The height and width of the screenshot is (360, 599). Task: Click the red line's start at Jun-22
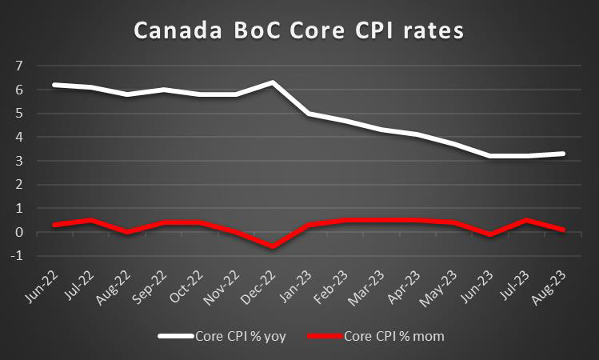point(54,225)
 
